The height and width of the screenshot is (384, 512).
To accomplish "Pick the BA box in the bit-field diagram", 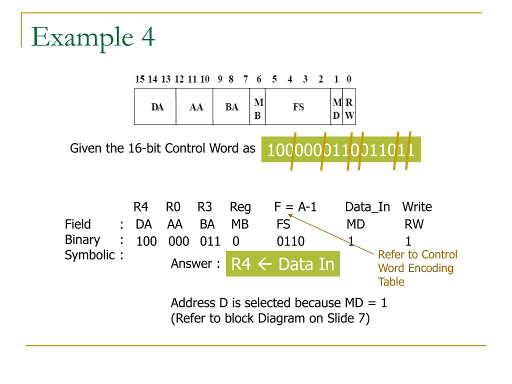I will coord(231,106).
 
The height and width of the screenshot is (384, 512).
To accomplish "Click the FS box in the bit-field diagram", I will coord(298,106).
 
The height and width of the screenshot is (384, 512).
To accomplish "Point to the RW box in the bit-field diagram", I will coord(350,106).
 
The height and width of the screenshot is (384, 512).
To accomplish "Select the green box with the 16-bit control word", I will coord(340,149).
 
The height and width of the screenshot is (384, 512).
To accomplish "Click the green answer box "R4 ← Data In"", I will coord(283,263).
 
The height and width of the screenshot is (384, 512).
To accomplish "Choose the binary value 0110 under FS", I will coord(290,242).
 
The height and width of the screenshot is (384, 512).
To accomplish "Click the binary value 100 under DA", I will coord(146,242).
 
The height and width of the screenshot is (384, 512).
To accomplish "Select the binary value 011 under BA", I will coord(210,242).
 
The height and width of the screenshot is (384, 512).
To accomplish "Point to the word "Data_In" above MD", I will coord(367,206).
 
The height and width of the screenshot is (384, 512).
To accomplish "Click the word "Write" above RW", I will coord(417,206).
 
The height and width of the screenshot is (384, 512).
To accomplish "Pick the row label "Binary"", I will coord(82,239).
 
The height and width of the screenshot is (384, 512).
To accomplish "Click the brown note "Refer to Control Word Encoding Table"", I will coord(417,268).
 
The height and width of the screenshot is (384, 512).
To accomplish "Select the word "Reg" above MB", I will coord(240,206).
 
